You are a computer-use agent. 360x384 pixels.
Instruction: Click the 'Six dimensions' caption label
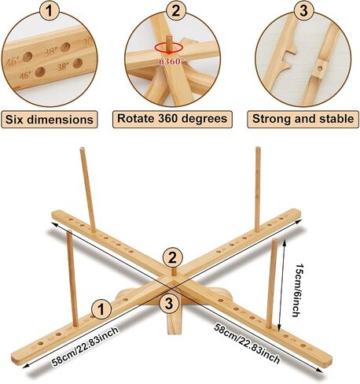click(x=50, y=120)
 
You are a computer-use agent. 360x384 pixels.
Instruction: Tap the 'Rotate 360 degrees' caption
click(x=172, y=119)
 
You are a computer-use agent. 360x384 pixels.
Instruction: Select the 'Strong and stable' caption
click(x=303, y=119)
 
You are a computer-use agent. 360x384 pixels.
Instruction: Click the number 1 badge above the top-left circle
click(x=50, y=11)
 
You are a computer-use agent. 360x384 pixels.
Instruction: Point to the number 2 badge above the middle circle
click(x=176, y=11)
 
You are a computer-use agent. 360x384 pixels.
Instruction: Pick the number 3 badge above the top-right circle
click(x=303, y=11)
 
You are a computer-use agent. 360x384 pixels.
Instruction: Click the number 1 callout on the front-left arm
click(x=101, y=310)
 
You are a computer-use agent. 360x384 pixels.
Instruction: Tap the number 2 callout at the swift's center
click(x=172, y=257)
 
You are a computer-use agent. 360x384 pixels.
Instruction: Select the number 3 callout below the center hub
click(x=169, y=303)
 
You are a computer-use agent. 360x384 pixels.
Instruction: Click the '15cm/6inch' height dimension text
click(x=297, y=290)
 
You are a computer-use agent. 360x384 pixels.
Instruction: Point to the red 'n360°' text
click(x=170, y=62)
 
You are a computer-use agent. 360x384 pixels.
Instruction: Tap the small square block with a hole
click(x=320, y=69)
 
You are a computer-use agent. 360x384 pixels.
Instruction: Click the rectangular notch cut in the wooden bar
click(x=289, y=58)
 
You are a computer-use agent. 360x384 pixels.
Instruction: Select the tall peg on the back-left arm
click(x=88, y=190)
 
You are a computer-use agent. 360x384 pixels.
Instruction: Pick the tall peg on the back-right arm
click(x=258, y=190)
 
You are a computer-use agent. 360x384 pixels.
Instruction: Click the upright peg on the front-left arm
click(x=72, y=279)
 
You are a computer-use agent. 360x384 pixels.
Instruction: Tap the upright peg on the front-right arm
click(x=271, y=283)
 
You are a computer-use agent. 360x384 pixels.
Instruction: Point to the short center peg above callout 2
click(x=174, y=271)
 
